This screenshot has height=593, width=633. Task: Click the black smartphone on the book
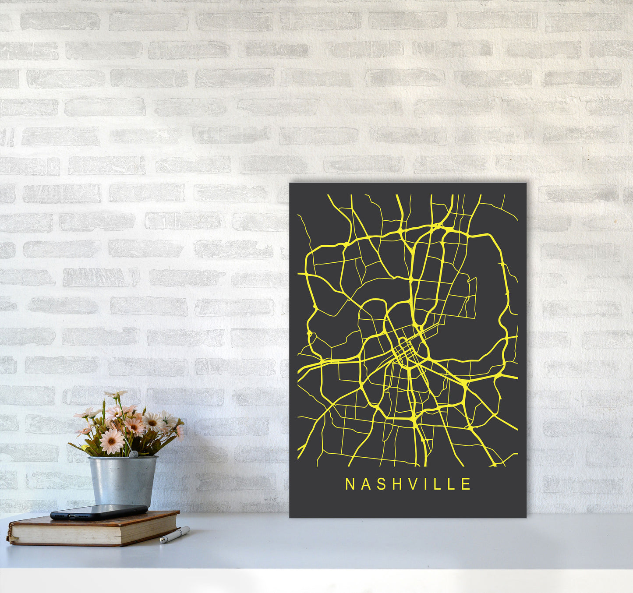coord(99,512)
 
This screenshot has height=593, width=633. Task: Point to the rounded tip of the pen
coord(162,541)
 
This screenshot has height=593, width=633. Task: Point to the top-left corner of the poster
coord(290,184)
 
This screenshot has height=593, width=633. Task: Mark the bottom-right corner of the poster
coord(526,517)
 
